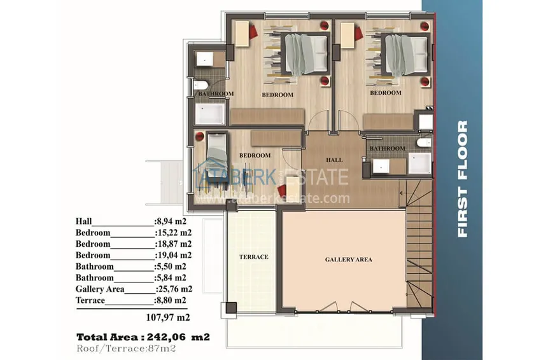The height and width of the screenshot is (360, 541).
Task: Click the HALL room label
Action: [x=334, y=160]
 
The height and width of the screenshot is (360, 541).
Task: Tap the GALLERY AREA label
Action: [x=349, y=260]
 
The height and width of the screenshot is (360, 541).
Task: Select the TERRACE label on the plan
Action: [x=254, y=257]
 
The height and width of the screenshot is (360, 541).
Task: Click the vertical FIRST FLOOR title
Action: [x=462, y=179]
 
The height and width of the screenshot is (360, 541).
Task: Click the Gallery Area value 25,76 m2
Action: [x=174, y=289]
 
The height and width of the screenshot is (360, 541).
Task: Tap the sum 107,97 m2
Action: [x=168, y=317]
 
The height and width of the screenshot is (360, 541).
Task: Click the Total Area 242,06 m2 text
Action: [x=143, y=337]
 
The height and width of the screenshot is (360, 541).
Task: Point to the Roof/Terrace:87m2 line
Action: [x=126, y=349]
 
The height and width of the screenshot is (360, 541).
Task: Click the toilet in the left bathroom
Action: [x=200, y=85]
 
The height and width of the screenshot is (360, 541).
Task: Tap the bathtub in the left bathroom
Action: [x=209, y=114]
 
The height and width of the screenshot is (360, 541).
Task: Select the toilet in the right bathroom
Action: [x=424, y=142]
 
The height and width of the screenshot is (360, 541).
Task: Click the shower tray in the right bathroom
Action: [x=420, y=163]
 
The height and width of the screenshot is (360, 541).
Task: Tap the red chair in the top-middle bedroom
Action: [x=252, y=31]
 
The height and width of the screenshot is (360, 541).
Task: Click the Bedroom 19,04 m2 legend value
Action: [x=174, y=255]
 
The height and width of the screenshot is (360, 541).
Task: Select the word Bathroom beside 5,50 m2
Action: [x=95, y=267]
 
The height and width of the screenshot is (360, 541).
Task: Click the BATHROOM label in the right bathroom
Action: [x=388, y=149]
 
